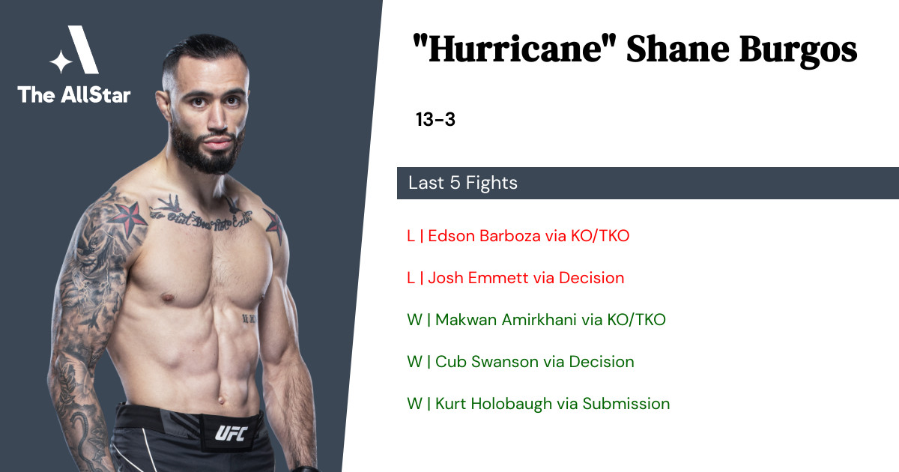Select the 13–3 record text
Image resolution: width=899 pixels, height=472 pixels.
[435, 119]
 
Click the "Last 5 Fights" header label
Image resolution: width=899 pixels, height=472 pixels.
[463, 183]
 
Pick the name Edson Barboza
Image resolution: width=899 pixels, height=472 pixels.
[485, 235]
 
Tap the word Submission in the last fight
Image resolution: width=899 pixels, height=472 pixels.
[626, 404]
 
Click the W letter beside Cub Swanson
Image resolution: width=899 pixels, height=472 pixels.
[414, 362]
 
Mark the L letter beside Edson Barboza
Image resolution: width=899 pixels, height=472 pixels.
[411, 235]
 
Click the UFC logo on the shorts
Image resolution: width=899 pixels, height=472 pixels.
[231, 433]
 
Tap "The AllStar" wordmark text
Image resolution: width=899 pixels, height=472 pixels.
[74, 94]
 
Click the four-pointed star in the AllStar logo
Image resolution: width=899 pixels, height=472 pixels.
[61, 61]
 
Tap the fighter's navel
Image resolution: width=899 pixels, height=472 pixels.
[221, 400]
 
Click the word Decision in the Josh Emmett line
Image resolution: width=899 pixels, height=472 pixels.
[592, 278]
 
